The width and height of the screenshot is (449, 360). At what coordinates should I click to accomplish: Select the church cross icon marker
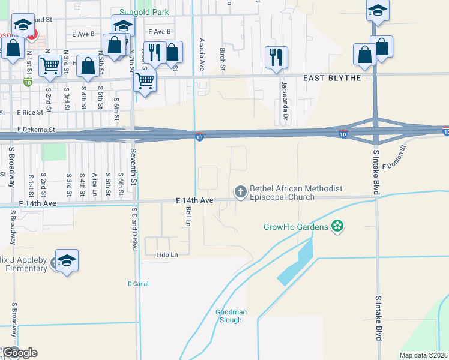point(240,192)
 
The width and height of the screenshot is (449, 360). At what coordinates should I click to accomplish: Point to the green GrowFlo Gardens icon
point(338,226)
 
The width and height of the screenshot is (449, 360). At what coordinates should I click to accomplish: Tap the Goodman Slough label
point(229,316)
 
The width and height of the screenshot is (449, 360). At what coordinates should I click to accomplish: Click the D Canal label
point(137,283)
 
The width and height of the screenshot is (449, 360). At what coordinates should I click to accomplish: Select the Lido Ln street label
point(166,255)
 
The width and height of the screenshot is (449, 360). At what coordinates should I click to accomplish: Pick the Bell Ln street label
point(188,212)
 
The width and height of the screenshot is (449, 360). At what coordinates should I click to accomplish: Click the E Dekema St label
point(36,129)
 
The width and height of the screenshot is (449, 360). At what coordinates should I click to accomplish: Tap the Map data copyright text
point(423,355)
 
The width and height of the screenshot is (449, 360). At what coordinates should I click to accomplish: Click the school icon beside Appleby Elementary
point(67,260)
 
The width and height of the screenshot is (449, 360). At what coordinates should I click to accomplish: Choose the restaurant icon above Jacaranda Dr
point(276,58)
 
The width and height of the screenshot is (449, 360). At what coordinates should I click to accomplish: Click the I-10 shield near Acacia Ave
point(199,138)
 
